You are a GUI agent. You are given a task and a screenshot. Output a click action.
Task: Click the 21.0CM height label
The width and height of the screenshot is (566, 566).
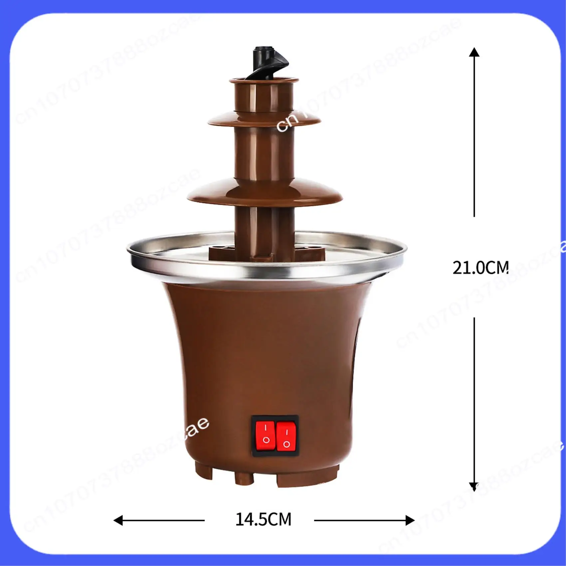480,267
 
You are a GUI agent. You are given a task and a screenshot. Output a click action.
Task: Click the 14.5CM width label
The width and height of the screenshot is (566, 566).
263,519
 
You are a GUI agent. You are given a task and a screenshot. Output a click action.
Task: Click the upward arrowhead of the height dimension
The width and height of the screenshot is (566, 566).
474,52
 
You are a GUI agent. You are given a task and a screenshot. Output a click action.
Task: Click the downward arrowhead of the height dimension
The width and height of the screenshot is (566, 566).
474,487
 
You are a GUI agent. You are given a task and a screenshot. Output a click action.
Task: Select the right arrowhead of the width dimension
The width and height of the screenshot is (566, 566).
410,520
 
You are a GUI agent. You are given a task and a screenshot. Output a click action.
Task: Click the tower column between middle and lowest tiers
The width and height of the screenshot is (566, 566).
265,153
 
